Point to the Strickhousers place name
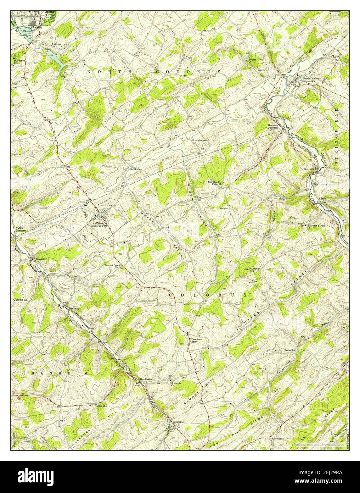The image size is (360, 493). click(x=200, y=140)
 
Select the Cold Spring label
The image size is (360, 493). click(x=135, y=170)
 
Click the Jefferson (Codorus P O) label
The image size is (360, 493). click(x=99, y=224)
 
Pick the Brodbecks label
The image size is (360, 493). click(x=146, y=379)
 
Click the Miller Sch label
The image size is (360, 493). click(x=101, y=406)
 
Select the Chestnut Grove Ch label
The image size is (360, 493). click(x=113, y=266)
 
